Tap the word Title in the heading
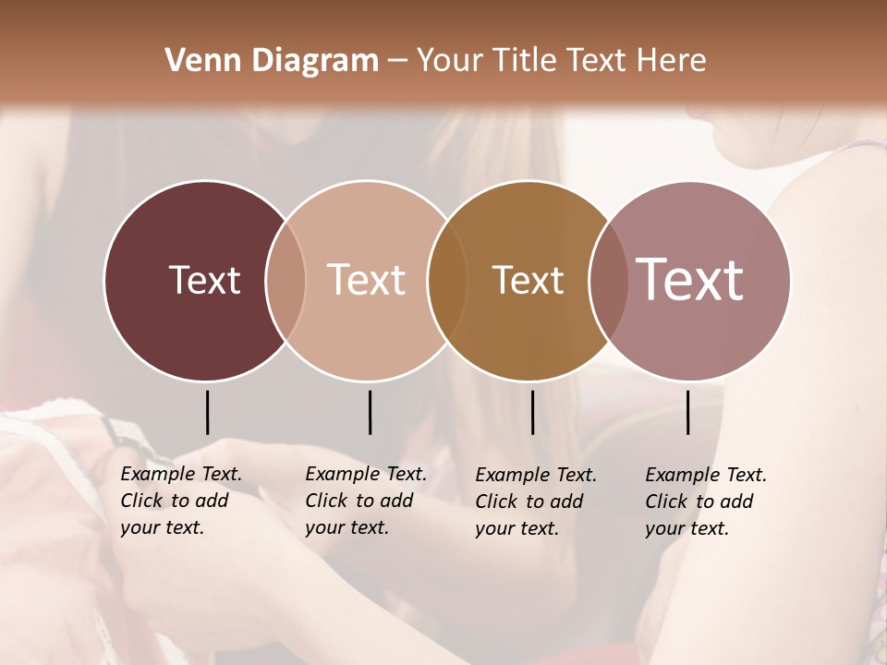[523, 61]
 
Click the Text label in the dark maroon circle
[204, 280]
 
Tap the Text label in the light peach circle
[366, 280]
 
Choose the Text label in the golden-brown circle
[528, 280]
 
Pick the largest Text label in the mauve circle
[689, 279]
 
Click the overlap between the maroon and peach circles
[286, 280]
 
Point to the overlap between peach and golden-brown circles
[446, 280]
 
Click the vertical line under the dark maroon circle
[207, 412]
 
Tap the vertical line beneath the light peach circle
[370, 412]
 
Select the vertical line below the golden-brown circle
[532, 412]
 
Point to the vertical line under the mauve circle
[688, 412]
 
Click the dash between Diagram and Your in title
[397, 62]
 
